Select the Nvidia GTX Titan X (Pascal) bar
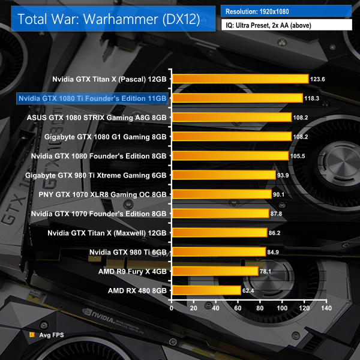pos(240,79)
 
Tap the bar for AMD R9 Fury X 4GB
pos(215,271)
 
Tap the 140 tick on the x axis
pos(326,308)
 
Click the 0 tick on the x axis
pos(172,308)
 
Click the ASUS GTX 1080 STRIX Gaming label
pos(97,117)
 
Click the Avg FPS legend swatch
pos(31,334)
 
